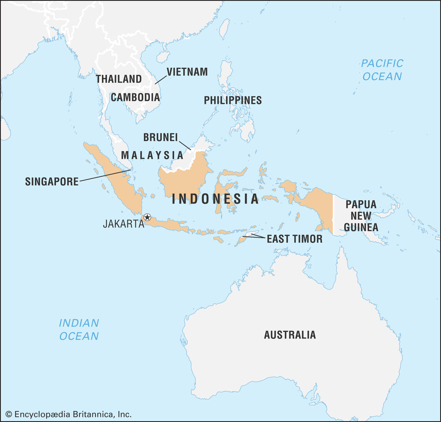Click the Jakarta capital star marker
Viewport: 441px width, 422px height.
click(x=147, y=217)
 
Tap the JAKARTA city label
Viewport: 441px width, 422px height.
click(x=123, y=224)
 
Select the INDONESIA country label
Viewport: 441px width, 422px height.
click(x=215, y=199)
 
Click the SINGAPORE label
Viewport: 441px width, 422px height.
click(x=52, y=181)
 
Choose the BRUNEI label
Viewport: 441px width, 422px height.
click(x=160, y=137)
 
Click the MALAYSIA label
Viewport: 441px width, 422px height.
click(x=152, y=155)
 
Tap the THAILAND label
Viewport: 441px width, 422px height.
click(x=119, y=79)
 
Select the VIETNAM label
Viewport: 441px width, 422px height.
click(x=187, y=72)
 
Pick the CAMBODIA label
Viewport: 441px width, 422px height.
click(x=135, y=97)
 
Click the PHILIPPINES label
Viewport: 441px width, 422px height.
click(x=232, y=100)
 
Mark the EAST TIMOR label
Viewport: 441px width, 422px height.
click(x=294, y=239)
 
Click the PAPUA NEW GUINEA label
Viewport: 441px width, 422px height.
click(x=361, y=216)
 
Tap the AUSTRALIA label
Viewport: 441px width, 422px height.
click(x=290, y=335)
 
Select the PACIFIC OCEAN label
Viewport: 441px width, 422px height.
click(x=382, y=70)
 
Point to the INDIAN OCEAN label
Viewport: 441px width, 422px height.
click(x=79, y=329)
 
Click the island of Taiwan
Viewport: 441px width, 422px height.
click(x=224, y=29)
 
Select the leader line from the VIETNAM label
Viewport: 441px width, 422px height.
click(x=161, y=79)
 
